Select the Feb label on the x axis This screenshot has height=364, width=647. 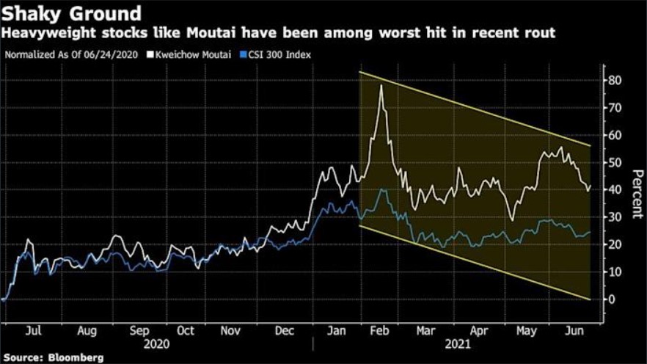(380, 330)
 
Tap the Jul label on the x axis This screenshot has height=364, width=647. (34, 330)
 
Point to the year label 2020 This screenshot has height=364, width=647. (156, 343)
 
